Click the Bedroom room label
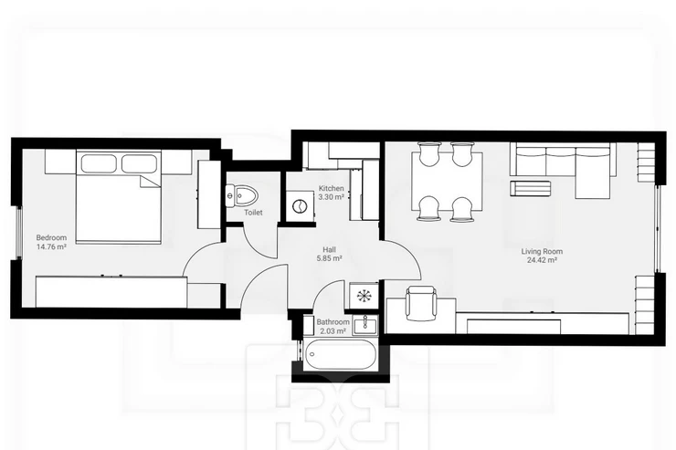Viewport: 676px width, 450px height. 51,237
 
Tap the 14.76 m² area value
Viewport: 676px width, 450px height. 51,247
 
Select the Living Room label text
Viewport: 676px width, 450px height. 542,252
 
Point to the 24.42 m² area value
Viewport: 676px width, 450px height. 542,260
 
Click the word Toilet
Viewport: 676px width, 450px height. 253,213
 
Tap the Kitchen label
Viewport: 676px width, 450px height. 331,188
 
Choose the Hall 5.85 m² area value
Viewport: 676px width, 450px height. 330,258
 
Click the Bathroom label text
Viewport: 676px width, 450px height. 333,322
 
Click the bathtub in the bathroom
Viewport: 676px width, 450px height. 339,355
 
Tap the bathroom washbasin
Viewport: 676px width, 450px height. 365,326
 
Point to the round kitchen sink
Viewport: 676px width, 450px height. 298,206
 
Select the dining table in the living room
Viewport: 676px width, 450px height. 447,182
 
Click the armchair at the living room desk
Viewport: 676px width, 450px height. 421,304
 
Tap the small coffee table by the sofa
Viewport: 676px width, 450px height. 530,188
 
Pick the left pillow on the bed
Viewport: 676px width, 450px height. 98,163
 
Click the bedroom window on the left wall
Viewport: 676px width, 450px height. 18,233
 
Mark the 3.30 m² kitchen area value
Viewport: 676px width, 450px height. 331,197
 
